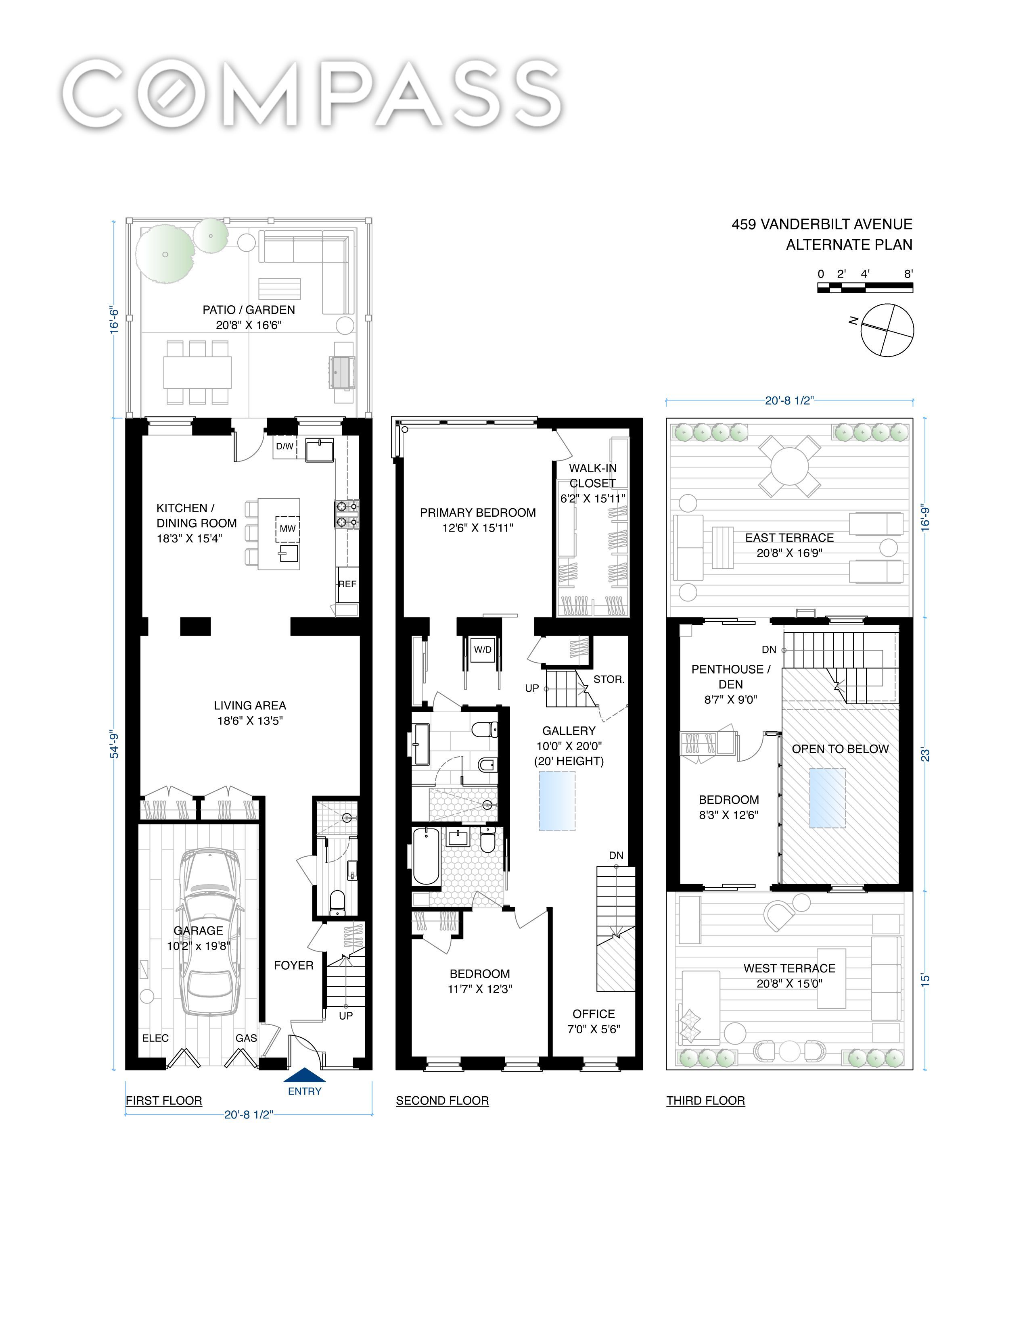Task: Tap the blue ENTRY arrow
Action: pyautogui.click(x=305, y=1075)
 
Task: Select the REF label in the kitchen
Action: pyautogui.click(x=347, y=584)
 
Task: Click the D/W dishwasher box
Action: pyautogui.click(x=284, y=446)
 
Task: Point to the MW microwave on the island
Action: pyautogui.click(x=288, y=528)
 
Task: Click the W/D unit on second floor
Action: pyautogui.click(x=482, y=650)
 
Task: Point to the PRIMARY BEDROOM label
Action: pyautogui.click(x=478, y=513)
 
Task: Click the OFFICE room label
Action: pyautogui.click(x=594, y=1014)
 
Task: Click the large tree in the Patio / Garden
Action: pyautogui.click(x=163, y=254)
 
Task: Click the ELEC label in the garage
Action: pyautogui.click(x=155, y=1038)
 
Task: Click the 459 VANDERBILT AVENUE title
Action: pyautogui.click(x=822, y=224)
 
